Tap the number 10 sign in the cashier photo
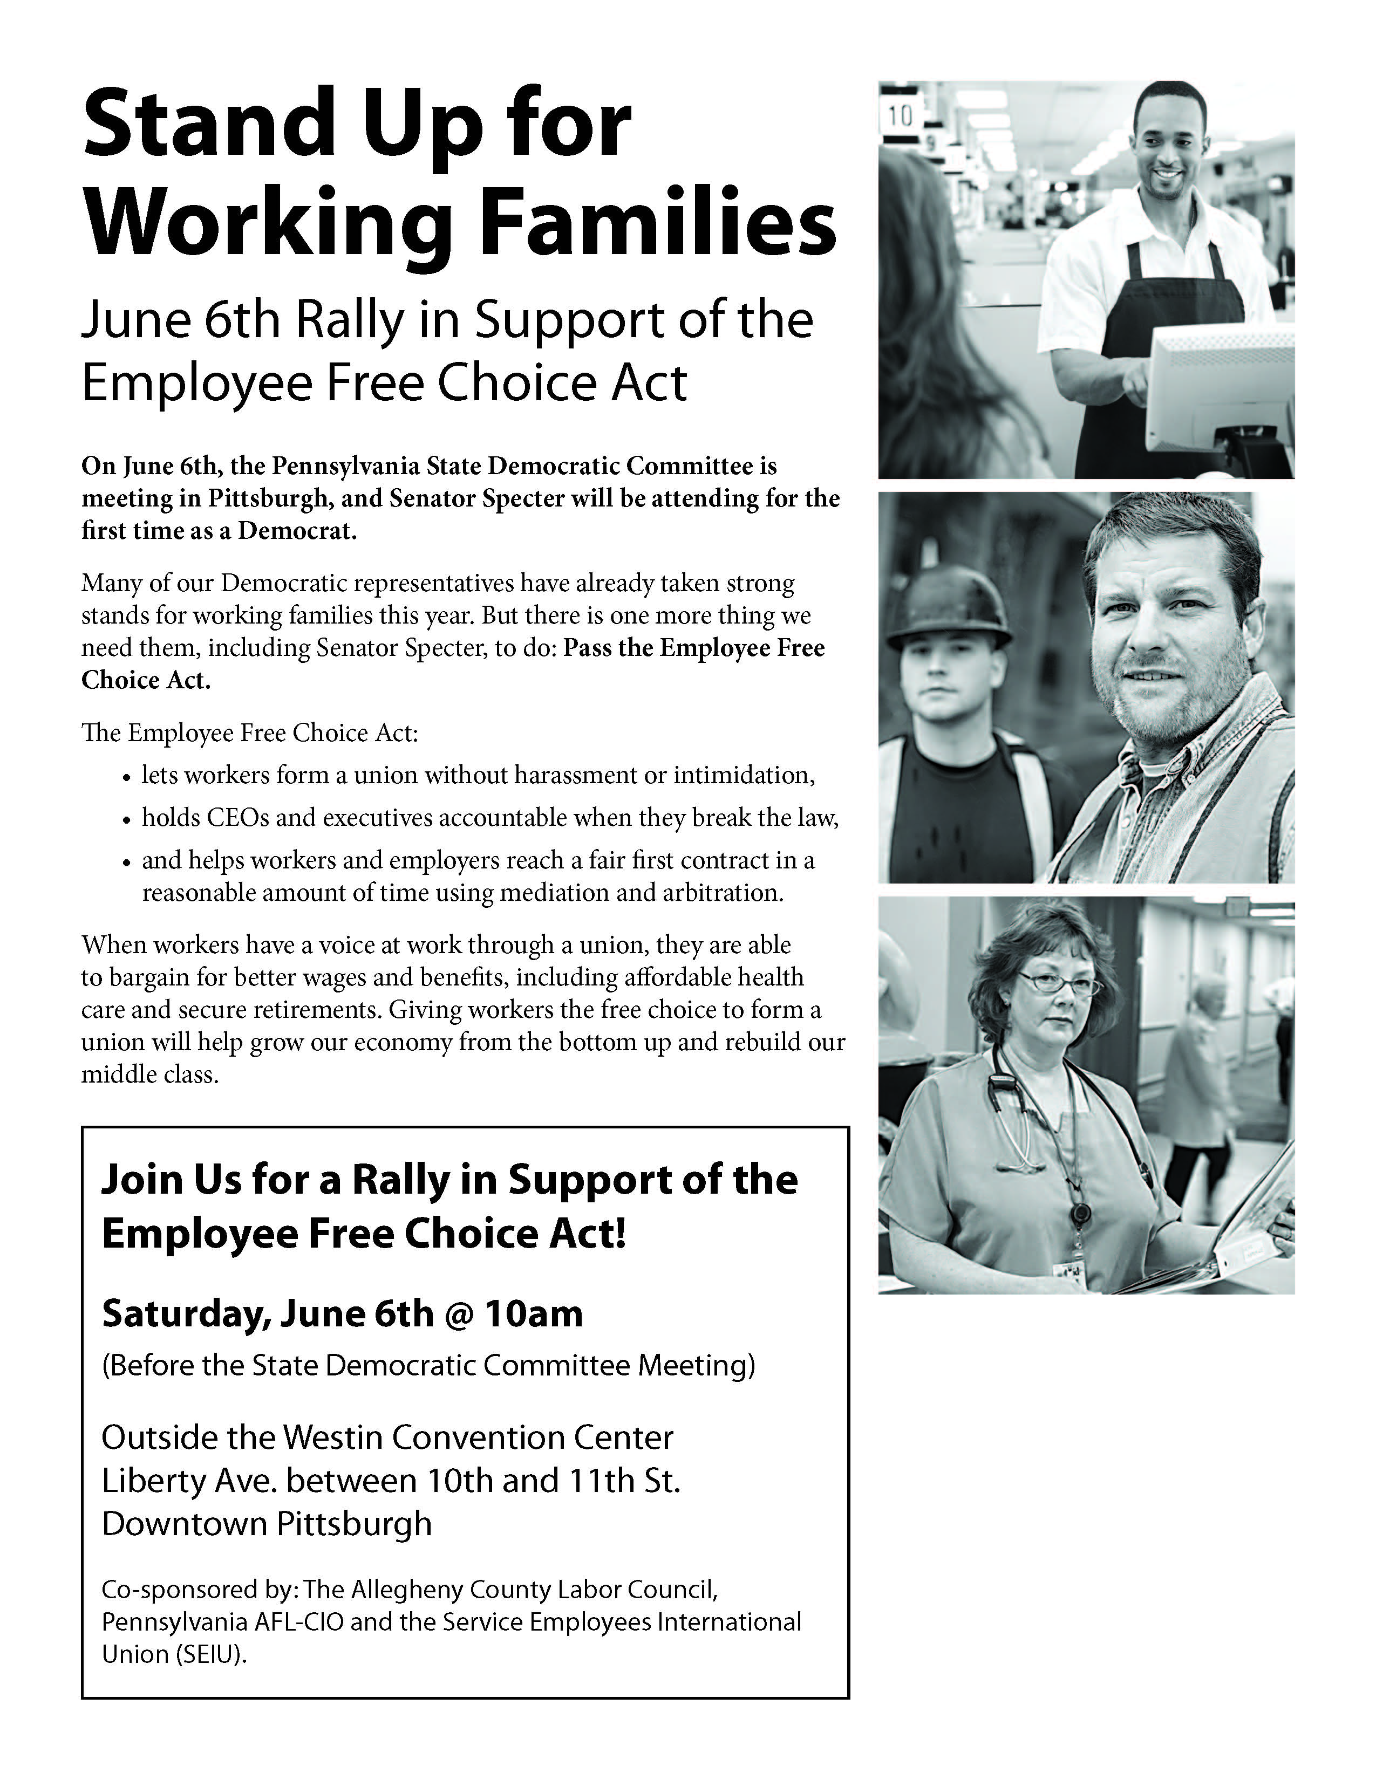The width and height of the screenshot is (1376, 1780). [x=900, y=116]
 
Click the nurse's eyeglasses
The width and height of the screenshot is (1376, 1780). [x=1058, y=984]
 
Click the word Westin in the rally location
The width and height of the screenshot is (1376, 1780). [x=340, y=1437]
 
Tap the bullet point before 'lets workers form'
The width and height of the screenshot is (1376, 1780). [x=126, y=777]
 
